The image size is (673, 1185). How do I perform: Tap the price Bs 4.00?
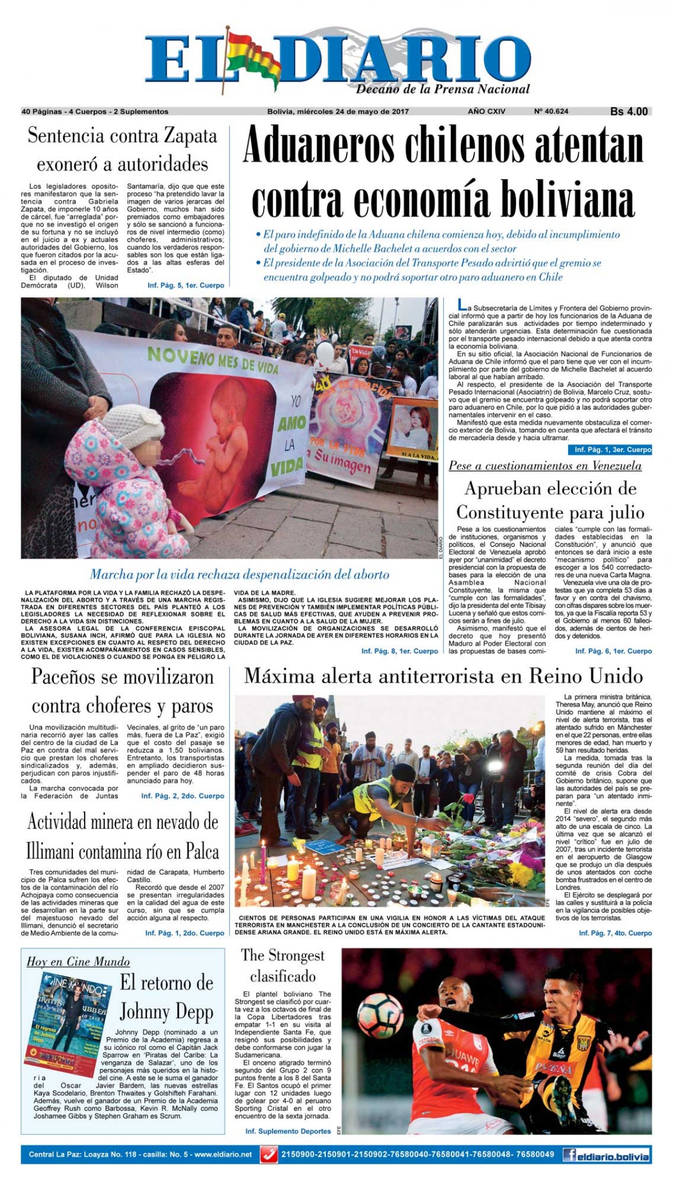point(629,112)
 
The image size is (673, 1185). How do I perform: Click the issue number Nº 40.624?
point(551,112)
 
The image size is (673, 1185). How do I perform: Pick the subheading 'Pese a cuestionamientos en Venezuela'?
point(545,466)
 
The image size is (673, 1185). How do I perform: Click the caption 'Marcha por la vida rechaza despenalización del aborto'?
point(239,574)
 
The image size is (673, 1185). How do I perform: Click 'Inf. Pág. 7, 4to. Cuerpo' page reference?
point(615,933)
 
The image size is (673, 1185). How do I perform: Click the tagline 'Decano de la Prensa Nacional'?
point(443,90)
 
